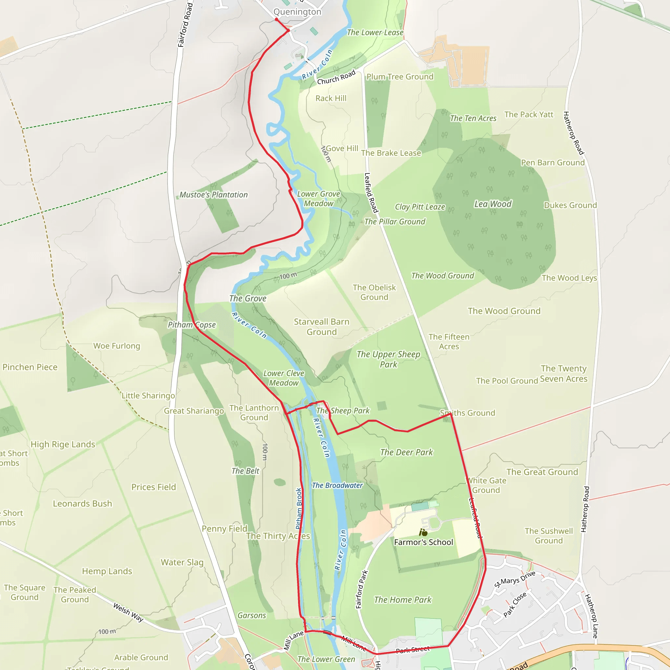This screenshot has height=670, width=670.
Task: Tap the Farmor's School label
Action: [423, 542]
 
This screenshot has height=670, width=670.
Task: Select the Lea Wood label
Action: [493, 204]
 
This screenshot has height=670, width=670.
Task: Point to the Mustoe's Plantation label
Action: [213, 195]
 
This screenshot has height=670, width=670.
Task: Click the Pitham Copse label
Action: [192, 325]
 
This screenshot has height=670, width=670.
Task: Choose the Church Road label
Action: [336, 77]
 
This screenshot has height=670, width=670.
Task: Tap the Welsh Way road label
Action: [128, 612]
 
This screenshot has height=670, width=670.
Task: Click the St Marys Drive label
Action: [515, 579]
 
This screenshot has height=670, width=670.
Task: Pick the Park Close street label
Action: [515, 605]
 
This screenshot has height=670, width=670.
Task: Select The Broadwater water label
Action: [337, 485]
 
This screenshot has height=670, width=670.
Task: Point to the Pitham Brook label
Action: [299, 508]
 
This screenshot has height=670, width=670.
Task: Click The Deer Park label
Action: [406, 452]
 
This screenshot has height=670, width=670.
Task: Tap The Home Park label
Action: [403, 600]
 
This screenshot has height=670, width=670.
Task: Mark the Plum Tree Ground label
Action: [400, 77]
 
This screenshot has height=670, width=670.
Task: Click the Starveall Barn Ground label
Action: [322, 327]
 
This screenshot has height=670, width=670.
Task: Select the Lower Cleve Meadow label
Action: [284, 378]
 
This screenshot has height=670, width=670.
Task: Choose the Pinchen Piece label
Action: [30, 367]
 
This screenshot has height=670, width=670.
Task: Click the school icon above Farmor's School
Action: [423, 532]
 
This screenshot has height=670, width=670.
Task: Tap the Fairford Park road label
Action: [361, 590]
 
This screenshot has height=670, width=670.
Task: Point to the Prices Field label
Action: [154, 487]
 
